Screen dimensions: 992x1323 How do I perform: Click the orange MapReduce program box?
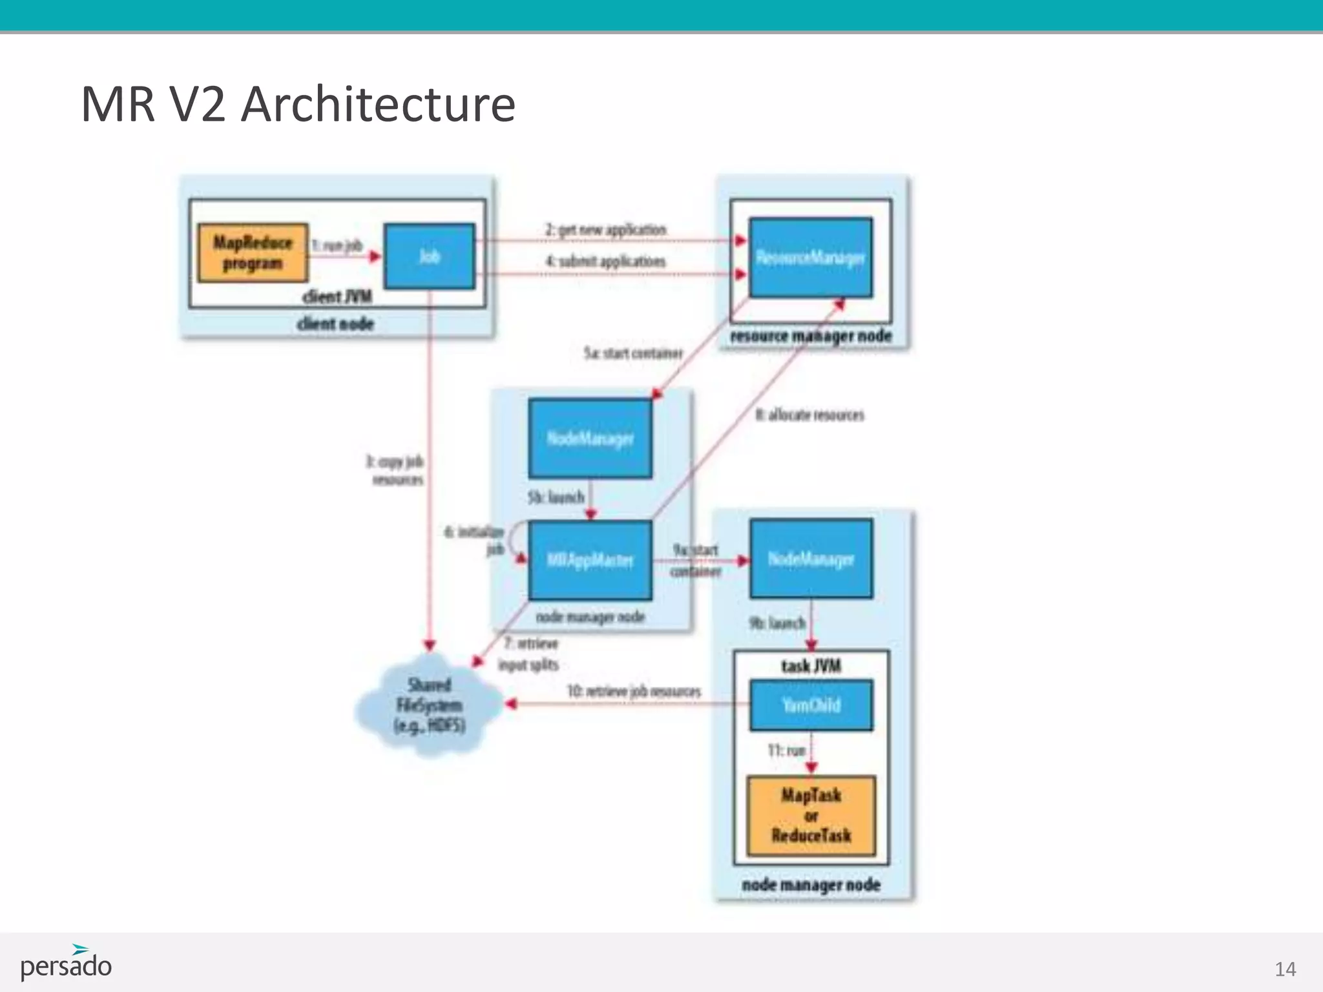(253, 253)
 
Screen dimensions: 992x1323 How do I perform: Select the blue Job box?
(430, 256)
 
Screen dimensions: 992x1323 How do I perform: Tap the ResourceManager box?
(810, 258)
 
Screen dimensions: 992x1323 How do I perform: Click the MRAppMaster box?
(590, 560)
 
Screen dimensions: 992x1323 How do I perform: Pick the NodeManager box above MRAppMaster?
(590, 439)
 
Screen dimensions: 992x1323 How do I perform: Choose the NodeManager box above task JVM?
(811, 559)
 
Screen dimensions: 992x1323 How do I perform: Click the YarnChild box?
(811, 705)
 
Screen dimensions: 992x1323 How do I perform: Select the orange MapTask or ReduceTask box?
(811, 816)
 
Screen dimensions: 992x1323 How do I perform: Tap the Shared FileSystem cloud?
(430, 705)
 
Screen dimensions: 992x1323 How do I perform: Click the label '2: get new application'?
(605, 230)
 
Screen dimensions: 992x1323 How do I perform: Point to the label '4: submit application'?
(605, 262)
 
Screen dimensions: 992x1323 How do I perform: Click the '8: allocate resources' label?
(809, 415)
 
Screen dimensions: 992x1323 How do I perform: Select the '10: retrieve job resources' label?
(634, 691)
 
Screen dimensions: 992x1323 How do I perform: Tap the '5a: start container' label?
(633, 353)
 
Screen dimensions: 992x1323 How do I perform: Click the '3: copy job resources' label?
(395, 470)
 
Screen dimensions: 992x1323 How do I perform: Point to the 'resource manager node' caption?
(811, 336)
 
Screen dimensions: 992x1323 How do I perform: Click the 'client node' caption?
(335, 324)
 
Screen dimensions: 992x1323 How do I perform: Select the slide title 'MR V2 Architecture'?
(298, 103)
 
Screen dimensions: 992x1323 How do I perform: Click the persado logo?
(66, 964)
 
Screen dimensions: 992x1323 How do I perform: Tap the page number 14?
(1285, 969)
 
